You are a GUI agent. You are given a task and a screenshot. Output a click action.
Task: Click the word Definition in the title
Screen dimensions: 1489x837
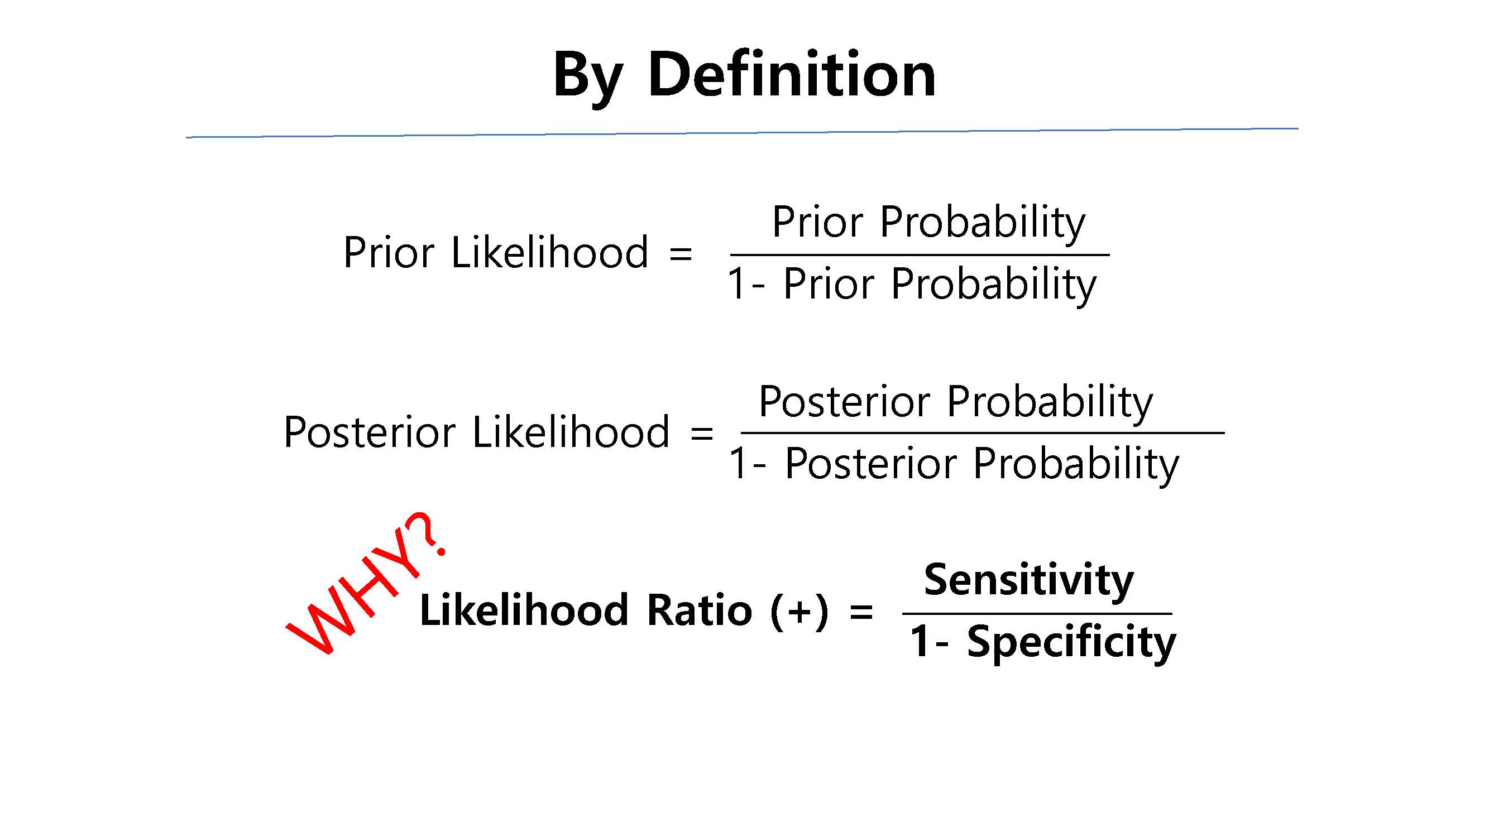[791, 75]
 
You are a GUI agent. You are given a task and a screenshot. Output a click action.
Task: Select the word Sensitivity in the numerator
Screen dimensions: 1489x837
[1028, 581]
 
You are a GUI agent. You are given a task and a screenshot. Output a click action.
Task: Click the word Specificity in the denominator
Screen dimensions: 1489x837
[1071, 643]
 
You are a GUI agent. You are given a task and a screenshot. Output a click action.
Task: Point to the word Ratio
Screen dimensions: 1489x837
[700, 610]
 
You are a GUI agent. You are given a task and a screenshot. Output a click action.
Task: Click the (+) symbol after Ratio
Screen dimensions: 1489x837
[799, 611]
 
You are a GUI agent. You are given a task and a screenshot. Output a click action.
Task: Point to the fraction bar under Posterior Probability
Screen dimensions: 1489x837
[983, 432]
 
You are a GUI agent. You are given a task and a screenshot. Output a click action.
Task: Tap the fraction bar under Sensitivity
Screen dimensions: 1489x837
[1037, 613]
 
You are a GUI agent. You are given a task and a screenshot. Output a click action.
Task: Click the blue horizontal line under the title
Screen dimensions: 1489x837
[742, 133]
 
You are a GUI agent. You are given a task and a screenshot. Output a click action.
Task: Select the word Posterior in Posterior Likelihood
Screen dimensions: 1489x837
[370, 432]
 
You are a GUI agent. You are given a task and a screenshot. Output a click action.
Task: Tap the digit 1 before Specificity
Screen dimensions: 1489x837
[920, 641]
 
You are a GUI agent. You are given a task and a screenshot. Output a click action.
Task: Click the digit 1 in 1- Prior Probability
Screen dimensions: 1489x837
[736, 283]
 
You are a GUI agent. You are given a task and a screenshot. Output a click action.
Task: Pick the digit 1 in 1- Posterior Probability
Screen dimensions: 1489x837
[738, 463]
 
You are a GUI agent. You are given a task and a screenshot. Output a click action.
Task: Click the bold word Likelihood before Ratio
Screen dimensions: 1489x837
[524, 610]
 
